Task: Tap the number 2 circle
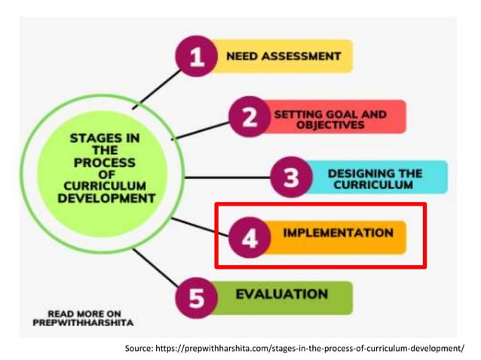point(249,117)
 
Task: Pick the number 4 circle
point(250,236)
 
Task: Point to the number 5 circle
point(197,298)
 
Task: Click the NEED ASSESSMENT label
point(283,56)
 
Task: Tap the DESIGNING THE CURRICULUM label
point(375,178)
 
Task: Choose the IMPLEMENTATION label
point(338,233)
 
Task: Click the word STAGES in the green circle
point(94,139)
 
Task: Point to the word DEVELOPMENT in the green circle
point(106,198)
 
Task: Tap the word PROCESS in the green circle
point(105,162)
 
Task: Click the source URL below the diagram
point(295,348)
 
